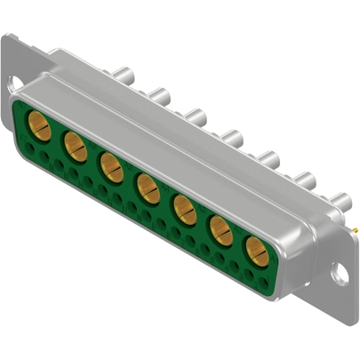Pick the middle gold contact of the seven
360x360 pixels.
coord(148,187)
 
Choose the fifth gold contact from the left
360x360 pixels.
coord(185,210)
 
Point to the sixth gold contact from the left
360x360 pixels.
coord(221,232)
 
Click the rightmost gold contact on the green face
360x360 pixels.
coord(258,253)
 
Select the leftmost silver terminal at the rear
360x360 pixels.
coord(121,75)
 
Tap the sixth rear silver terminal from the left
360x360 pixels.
coord(304,178)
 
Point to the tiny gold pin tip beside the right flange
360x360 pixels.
coord(355,228)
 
